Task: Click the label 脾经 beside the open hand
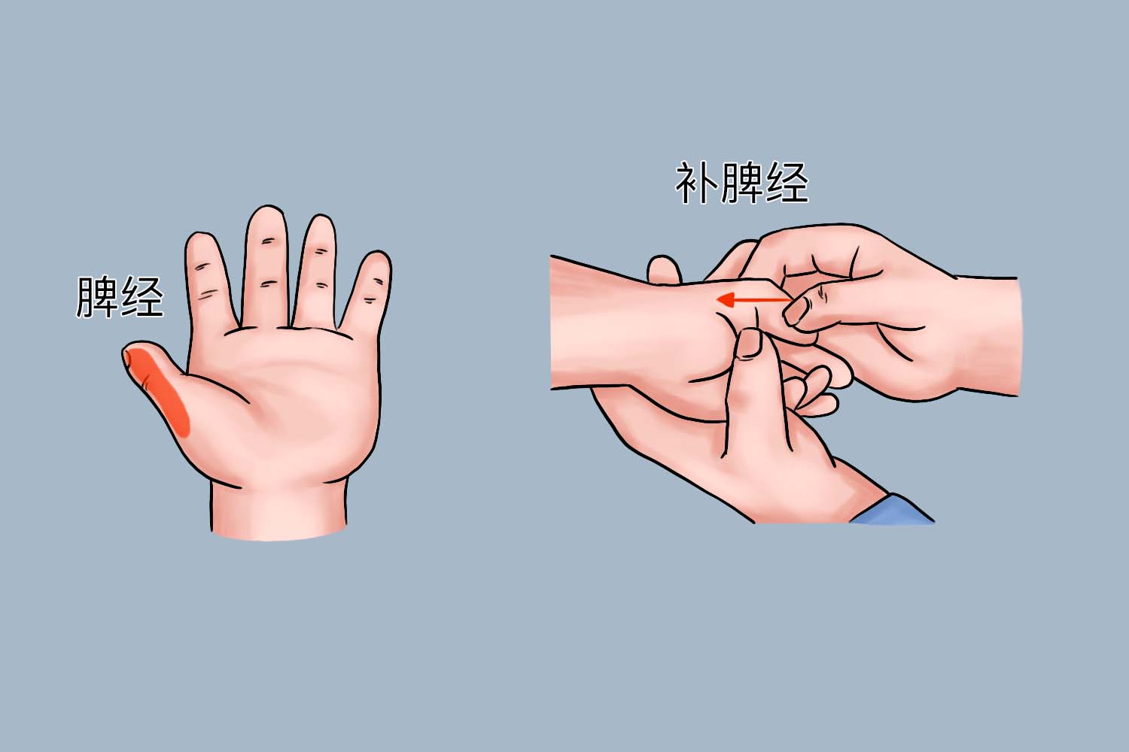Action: [119, 296]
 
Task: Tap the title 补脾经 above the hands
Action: [741, 183]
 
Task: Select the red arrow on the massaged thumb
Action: [753, 301]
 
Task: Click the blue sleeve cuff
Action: [892, 510]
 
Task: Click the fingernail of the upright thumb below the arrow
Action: [748, 344]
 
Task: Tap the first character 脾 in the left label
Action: [97, 296]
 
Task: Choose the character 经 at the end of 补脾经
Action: [787, 183]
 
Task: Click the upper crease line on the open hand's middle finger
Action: [268, 242]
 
